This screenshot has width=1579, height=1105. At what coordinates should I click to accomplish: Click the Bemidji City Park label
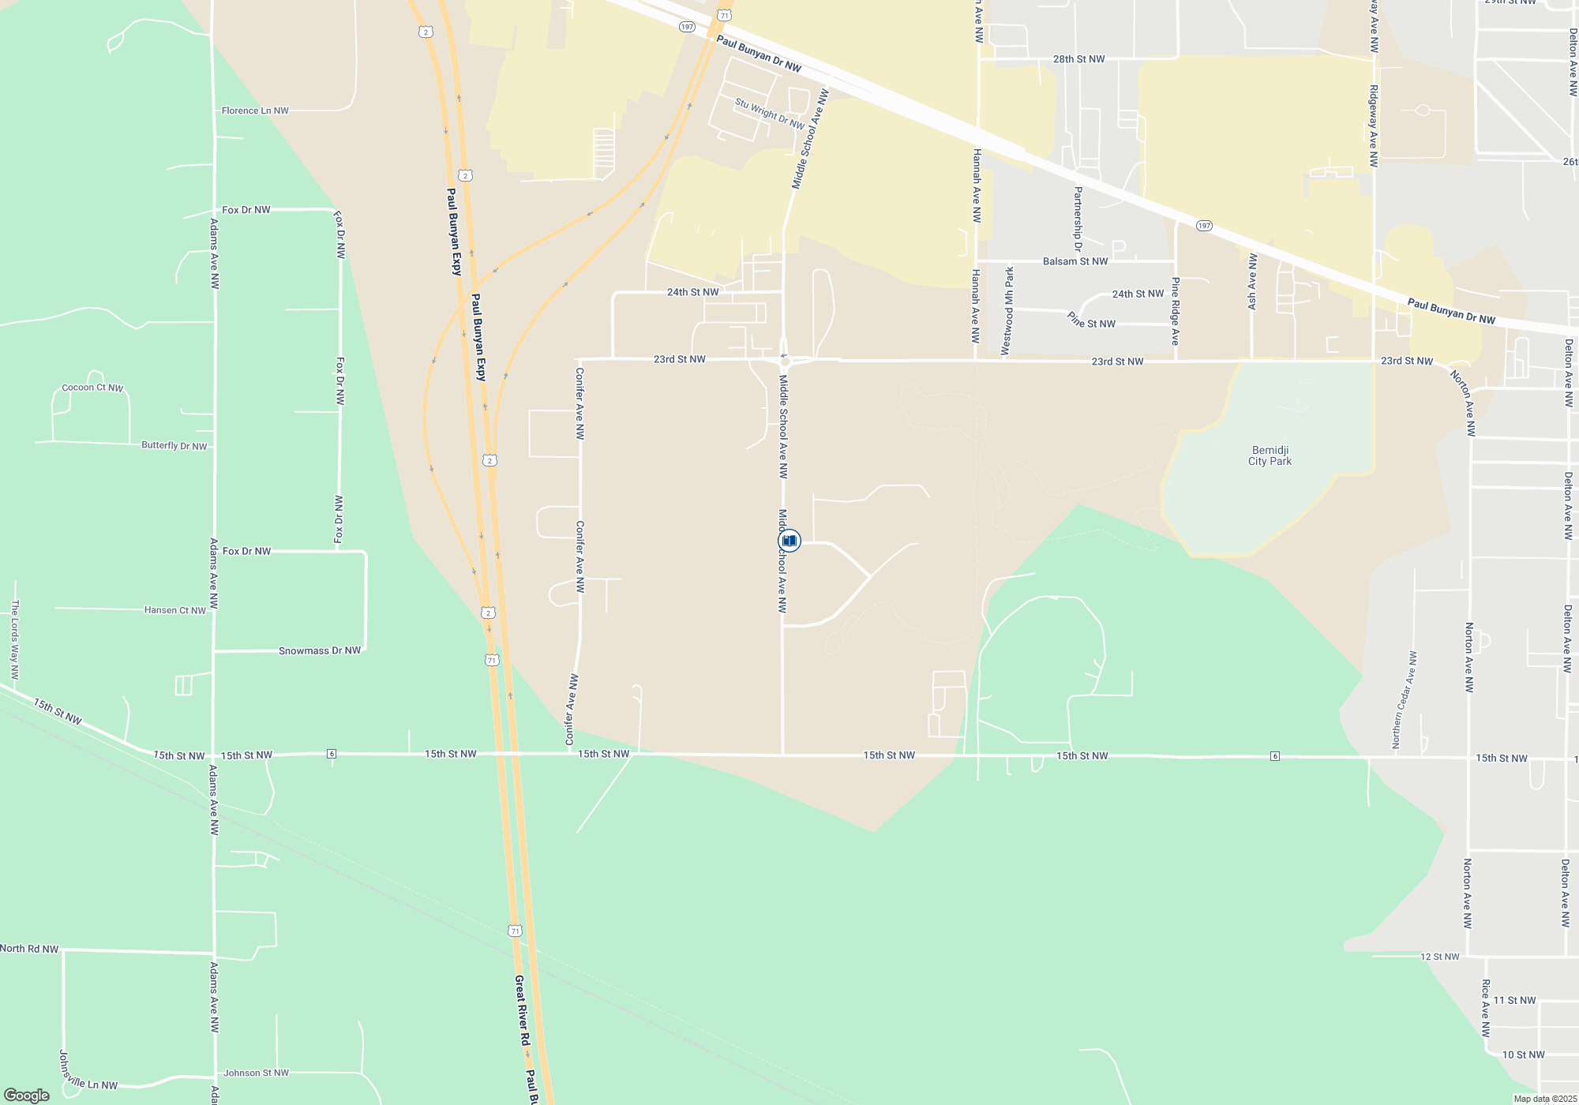pos(1270,456)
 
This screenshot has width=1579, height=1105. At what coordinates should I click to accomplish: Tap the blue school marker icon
pos(789,541)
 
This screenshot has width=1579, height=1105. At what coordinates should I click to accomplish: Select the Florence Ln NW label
pos(255,110)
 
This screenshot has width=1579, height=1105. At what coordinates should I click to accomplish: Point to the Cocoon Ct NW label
pos(92,388)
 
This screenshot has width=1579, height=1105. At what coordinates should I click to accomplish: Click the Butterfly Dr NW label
pos(174,446)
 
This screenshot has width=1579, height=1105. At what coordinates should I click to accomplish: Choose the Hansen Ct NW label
pos(174,610)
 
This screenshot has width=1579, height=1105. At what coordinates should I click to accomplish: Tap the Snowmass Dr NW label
pos(319,651)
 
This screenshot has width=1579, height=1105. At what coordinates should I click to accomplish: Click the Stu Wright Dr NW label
pos(770,114)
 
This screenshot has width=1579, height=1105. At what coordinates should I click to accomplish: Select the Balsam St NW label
pos(1075,261)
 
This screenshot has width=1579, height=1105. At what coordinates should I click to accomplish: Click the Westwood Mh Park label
pos(1007,311)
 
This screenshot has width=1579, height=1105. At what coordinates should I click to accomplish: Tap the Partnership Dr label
pos(1078,219)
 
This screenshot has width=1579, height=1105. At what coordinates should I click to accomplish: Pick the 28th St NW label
pos(1078,59)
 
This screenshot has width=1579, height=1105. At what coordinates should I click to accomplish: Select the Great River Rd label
pos(522,1011)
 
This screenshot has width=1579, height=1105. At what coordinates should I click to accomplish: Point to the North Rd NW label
pos(29,949)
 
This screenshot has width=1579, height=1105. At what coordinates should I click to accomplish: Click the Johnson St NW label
pos(256,1073)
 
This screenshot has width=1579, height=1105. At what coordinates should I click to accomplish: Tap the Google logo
pos(27,1096)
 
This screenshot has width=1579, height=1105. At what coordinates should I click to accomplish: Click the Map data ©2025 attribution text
pos(1544,1099)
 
